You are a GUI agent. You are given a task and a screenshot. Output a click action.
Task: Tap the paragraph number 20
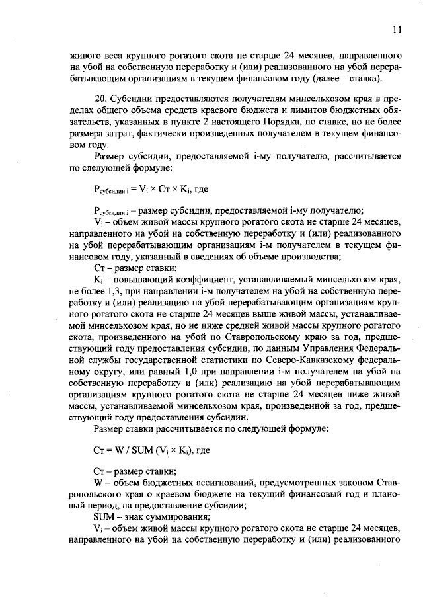tap(100, 98)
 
